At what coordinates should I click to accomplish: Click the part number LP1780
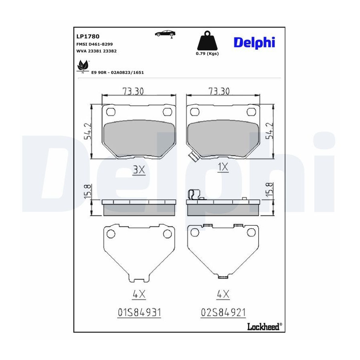point(88,36)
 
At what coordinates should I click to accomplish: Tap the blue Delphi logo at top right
point(254,42)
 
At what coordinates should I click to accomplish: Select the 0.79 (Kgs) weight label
point(207,54)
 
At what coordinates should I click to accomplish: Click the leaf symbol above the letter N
point(82,65)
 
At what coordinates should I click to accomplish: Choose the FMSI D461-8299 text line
point(94,44)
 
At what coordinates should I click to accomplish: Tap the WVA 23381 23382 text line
point(96,51)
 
